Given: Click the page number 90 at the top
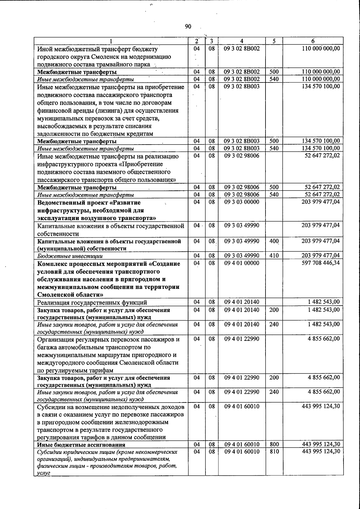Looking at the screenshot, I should pos(188,27).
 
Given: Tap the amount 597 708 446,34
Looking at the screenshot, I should pos(320,263).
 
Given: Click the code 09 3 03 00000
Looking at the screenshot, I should pos(241,202).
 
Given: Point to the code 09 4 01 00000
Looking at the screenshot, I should pos(241,263).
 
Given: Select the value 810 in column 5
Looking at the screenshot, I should pos(274,451).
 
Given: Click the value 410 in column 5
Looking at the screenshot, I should pos(274,256).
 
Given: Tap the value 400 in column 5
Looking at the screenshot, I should pos(274,241).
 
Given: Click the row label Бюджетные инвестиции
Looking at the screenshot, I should pos(70,256).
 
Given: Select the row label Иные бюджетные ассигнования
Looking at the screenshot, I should pos(81,445).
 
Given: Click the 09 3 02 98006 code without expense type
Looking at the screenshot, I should pos(241,156).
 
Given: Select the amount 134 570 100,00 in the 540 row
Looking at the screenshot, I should pos(320,148).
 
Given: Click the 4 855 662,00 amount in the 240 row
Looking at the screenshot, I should pos(324,392).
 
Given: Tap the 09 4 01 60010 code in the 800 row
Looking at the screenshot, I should pos(241,444).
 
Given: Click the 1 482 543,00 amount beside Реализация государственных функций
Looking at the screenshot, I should pos(324,302).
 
